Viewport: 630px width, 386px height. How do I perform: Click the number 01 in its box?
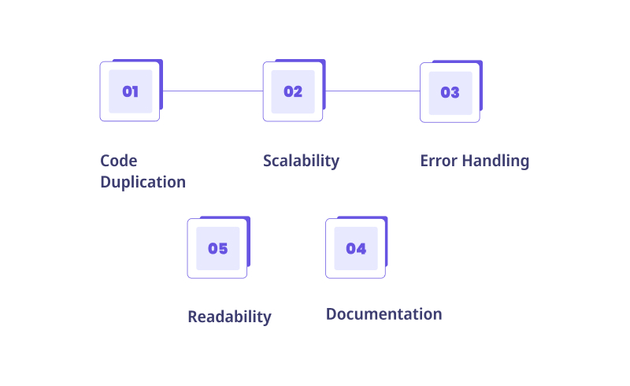click(130, 91)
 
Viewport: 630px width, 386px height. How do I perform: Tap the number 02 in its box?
click(293, 91)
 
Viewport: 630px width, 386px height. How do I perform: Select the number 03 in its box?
click(450, 92)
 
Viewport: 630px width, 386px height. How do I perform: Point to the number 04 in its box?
click(356, 248)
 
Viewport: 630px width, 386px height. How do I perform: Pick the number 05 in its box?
click(218, 248)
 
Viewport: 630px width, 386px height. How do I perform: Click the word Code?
click(119, 161)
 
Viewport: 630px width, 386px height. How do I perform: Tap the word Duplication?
click(143, 182)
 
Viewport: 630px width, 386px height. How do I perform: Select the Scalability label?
click(302, 161)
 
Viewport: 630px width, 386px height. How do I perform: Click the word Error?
click(439, 161)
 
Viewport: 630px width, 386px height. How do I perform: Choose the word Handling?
click(495, 161)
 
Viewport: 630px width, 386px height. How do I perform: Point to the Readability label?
click(229, 317)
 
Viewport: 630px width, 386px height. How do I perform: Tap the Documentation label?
click(384, 314)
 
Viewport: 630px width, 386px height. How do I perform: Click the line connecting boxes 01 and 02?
click(213, 91)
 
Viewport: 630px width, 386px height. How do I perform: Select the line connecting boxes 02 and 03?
click(372, 91)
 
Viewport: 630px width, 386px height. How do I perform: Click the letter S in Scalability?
click(268, 161)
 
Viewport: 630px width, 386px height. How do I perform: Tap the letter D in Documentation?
click(332, 314)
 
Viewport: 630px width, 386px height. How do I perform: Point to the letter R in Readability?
click(193, 317)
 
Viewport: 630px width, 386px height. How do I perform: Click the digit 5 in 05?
click(224, 248)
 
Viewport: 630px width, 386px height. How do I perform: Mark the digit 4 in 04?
click(361, 248)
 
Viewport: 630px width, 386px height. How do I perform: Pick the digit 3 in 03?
click(455, 92)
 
